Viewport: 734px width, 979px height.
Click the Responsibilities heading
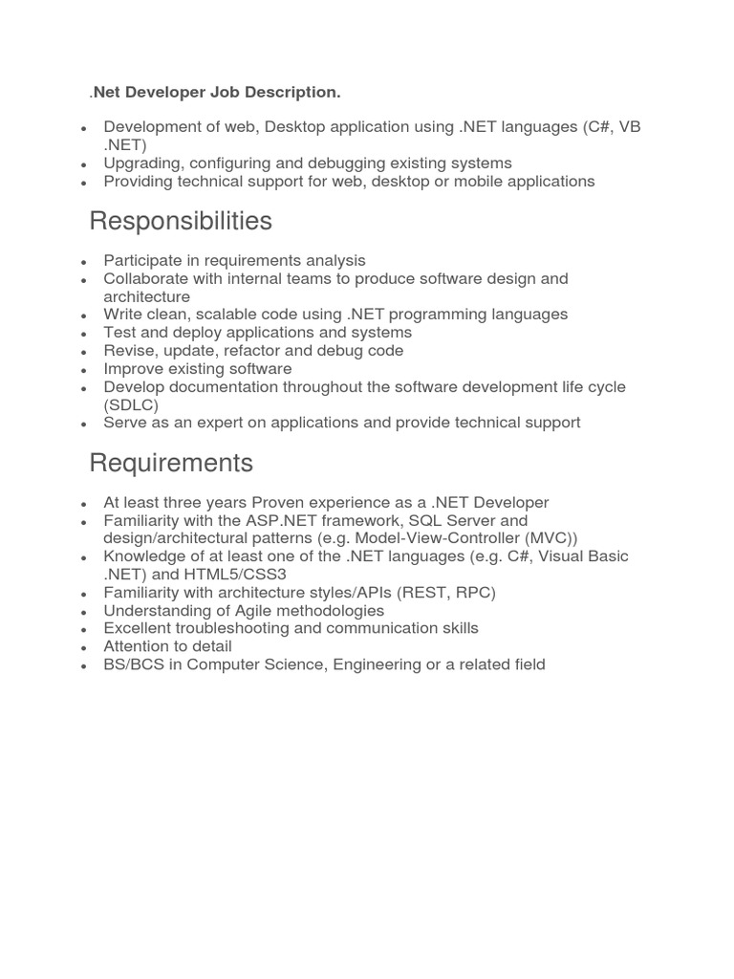point(181,222)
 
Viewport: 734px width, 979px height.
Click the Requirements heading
point(171,464)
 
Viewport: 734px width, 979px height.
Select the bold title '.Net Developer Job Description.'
point(216,92)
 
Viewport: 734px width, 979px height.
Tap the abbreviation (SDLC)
point(131,404)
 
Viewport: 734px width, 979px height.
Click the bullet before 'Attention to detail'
point(85,648)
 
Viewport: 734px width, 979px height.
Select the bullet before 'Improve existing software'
point(85,370)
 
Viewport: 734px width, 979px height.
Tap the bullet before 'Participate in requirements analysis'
point(85,261)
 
